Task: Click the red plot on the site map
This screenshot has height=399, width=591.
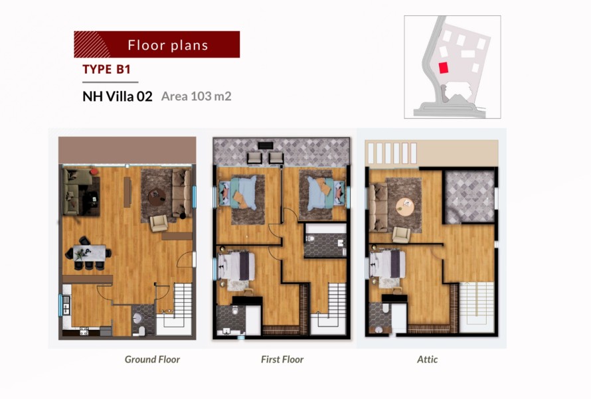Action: [x=444, y=68]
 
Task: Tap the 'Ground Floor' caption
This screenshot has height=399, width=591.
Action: [x=152, y=359]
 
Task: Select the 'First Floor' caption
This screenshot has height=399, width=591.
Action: [x=282, y=359]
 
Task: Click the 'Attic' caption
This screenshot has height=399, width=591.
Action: [x=427, y=359]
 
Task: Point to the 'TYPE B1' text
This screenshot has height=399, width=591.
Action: [x=106, y=69]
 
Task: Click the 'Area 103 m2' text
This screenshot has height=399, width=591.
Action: [x=196, y=96]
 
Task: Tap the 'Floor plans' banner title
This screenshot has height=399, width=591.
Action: [x=168, y=45]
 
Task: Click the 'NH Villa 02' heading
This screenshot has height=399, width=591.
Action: [x=118, y=96]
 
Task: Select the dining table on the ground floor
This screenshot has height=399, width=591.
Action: [x=90, y=253]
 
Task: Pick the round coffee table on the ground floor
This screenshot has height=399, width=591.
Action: [x=157, y=197]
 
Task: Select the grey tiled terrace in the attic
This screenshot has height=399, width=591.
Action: [x=469, y=197]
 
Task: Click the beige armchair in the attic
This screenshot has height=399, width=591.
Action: [x=401, y=235]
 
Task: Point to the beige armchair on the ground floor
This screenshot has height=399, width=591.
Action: [x=159, y=223]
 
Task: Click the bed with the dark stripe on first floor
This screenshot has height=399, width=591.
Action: [x=236, y=266]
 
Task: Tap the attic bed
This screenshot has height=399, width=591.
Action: [x=387, y=264]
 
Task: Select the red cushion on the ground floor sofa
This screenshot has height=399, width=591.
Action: [x=94, y=172]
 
